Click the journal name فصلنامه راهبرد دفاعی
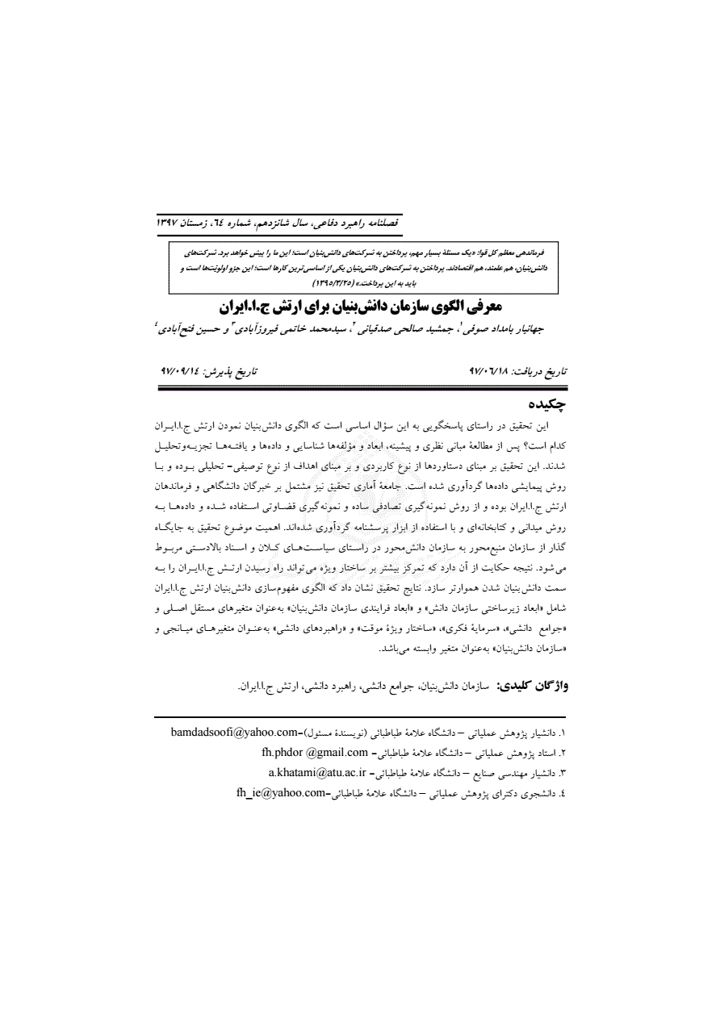point(361,220)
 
